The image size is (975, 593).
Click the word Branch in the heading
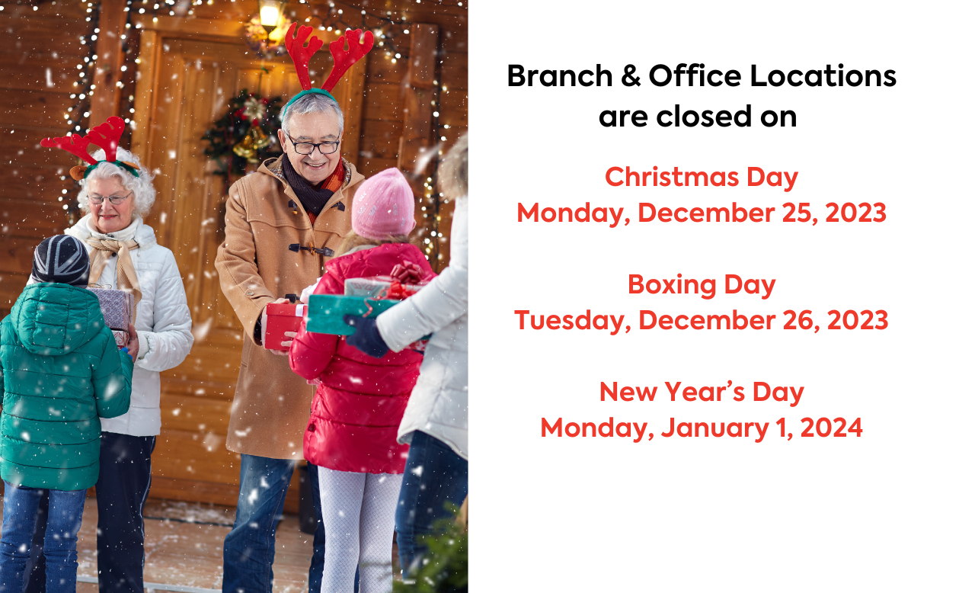pyautogui.click(x=560, y=75)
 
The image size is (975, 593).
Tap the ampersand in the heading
pyautogui.click(x=631, y=75)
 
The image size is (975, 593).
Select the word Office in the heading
pyautogui.click(x=695, y=75)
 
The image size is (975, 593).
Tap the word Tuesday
pyautogui.click(x=572, y=321)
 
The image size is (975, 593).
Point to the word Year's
pyautogui.click(x=705, y=392)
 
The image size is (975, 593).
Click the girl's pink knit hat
pyautogui.click(x=382, y=204)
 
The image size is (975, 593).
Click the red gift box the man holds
pyautogui.click(x=285, y=325)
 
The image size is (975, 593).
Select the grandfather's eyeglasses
pyautogui.click(x=312, y=146)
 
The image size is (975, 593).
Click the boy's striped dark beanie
pyautogui.click(x=61, y=260)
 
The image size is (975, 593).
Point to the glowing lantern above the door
pyautogui.click(x=269, y=18)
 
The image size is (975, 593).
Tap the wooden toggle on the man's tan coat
pyautogui.click(x=311, y=249)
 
